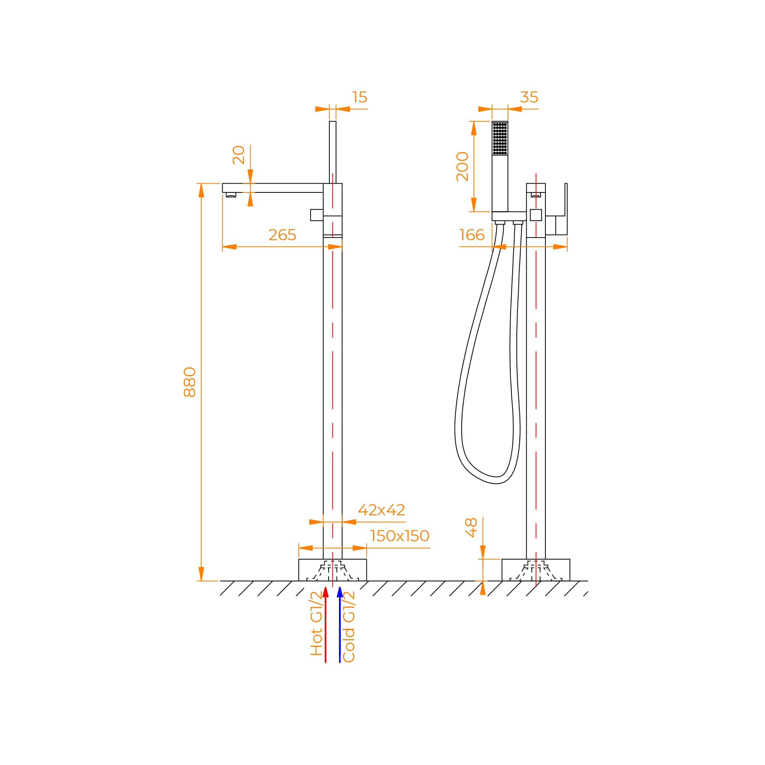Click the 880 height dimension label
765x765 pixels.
(190, 382)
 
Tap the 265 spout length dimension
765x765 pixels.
(282, 235)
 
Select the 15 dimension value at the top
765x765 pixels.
(360, 98)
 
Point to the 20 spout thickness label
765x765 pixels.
(239, 155)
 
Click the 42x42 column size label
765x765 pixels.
(381, 510)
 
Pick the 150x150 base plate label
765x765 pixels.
(400, 536)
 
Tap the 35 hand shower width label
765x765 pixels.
(529, 98)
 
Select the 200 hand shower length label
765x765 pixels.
(462, 167)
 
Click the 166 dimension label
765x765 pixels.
(472, 235)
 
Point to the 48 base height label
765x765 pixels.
(471, 527)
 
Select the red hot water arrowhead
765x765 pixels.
(326, 592)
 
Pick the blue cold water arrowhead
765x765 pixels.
(340, 592)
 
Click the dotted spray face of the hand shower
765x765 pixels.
(500, 138)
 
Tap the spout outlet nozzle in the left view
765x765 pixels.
(231, 195)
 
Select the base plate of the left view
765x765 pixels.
(333, 570)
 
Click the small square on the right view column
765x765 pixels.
(536, 215)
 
